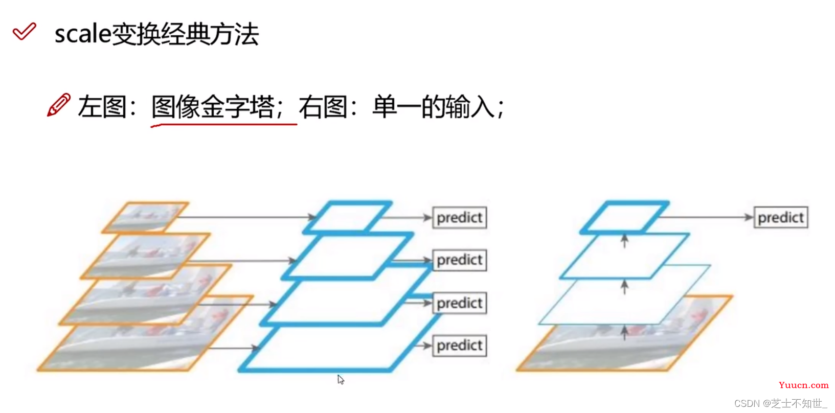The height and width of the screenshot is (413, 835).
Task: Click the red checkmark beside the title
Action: pos(24,32)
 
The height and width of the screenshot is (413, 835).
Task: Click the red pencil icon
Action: pos(59,105)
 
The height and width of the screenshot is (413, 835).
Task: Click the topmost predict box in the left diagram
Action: pos(459,218)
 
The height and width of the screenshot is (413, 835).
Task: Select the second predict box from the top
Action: pos(459,260)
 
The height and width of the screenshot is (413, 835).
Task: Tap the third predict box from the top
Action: pos(459,303)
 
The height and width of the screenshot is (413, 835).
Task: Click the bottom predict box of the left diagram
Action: pos(459,346)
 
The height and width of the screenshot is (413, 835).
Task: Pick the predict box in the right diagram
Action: pos(780,218)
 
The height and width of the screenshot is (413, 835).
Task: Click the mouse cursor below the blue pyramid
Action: pos(341,380)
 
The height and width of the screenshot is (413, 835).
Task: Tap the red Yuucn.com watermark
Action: pos(803,385)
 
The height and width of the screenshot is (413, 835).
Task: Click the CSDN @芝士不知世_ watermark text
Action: pos(780,403)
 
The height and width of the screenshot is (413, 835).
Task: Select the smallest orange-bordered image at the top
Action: pos(145,217)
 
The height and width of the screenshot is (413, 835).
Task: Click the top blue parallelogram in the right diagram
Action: pos(624,217)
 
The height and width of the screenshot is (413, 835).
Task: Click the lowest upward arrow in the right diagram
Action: pos(624,333)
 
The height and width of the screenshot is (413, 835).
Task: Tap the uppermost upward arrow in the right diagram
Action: pos(624,241)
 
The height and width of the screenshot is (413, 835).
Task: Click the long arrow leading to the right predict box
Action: pos(706,217)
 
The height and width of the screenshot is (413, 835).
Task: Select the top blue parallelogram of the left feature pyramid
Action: pos(348,217)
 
